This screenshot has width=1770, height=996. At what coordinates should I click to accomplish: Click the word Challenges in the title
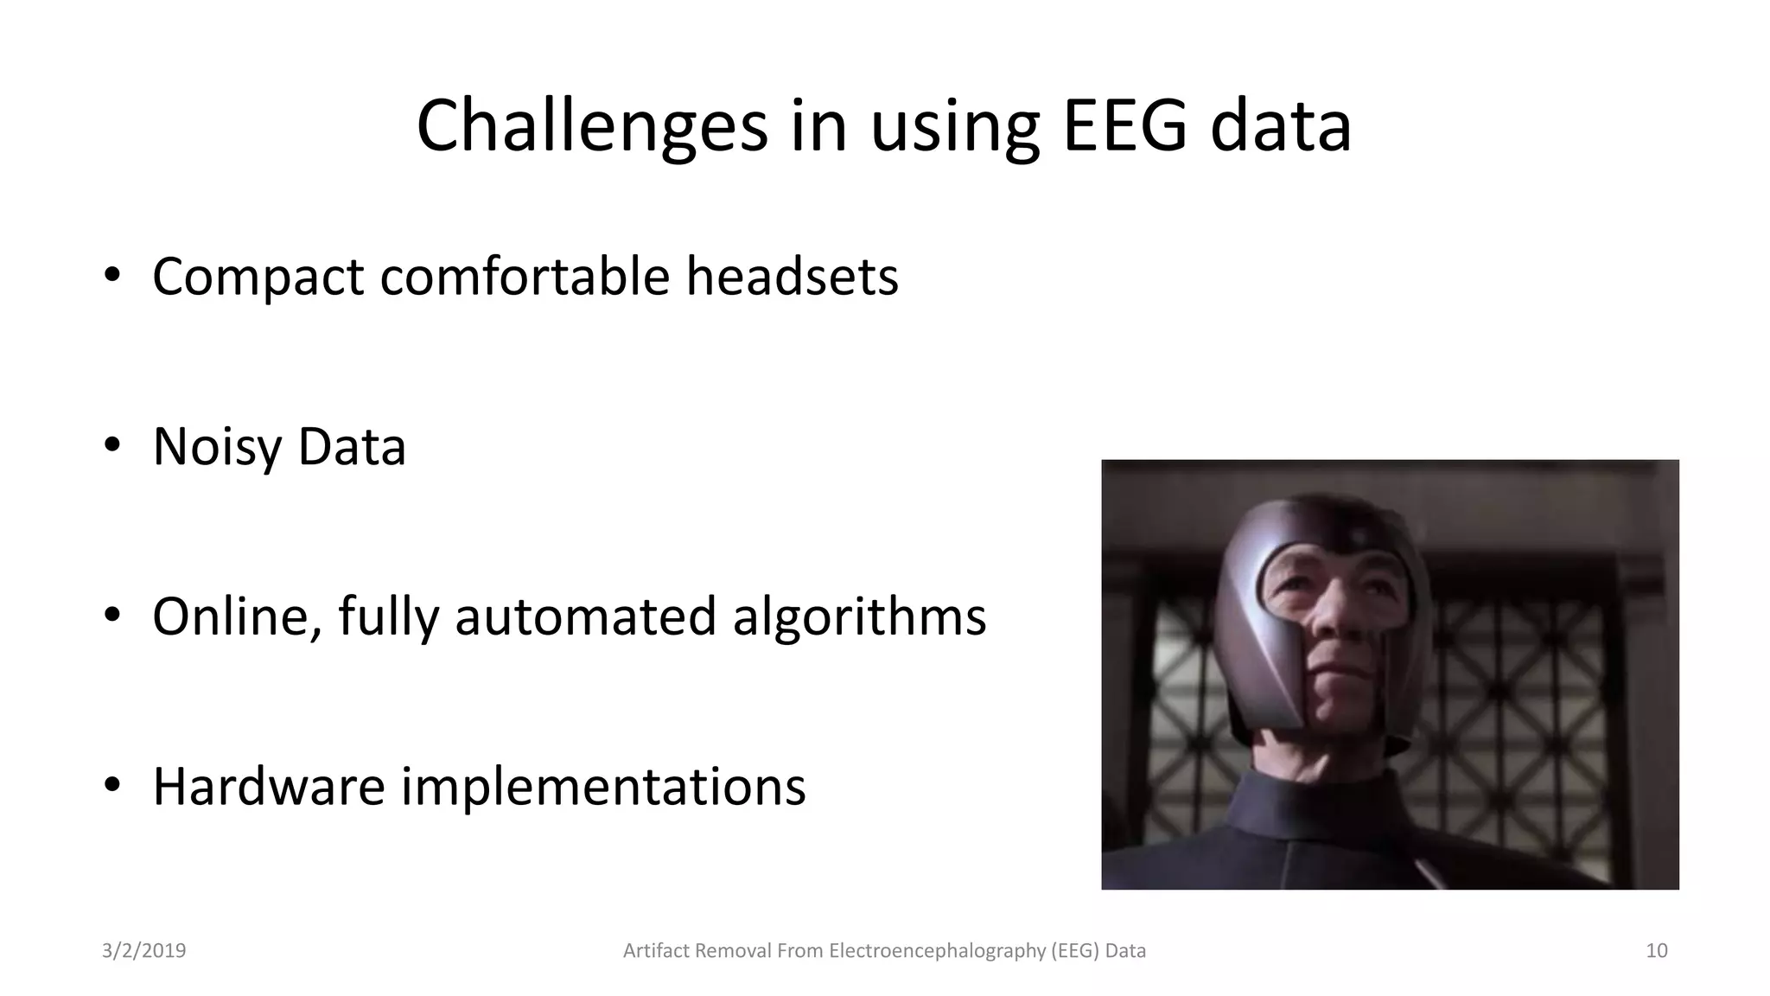[x=592, y=127]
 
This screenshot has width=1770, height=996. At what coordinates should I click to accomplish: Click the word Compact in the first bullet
[x=258, y=277]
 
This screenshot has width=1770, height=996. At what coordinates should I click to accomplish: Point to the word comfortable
[x=525, y=277]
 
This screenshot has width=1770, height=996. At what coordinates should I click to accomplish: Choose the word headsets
[x=792, y=277]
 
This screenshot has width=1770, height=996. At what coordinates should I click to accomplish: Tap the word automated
[x=585, y=617]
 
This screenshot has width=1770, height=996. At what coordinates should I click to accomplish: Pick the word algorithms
[x=859, y=617]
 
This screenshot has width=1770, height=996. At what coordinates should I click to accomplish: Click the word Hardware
[x=268, y=787]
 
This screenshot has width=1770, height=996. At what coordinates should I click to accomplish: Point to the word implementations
[x=602, y=787]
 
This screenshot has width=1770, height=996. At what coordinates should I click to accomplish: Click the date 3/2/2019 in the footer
[x=143, y=951]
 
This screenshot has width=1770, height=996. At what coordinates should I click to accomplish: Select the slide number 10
[x=1656, y=951]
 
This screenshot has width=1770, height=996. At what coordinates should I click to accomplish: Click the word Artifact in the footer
[x=656, y=951]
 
